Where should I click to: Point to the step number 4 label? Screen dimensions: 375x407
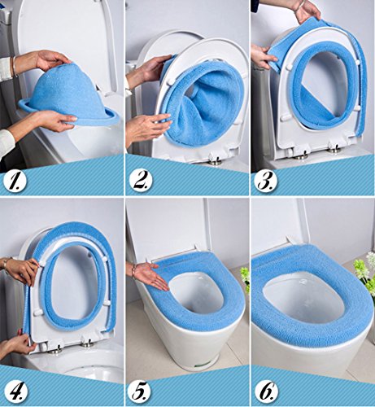pyautogui.click(x=16, y=391)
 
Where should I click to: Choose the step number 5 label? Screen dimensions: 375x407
pyautogui.click(x=141, y=391)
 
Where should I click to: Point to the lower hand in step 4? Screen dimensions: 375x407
pyautogui.click(x=19, y=343)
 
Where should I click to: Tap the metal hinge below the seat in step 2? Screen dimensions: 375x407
pyautogui.click(x=215, y=162)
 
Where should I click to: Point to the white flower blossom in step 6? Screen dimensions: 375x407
pyautogui.click(x=370, y=258)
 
